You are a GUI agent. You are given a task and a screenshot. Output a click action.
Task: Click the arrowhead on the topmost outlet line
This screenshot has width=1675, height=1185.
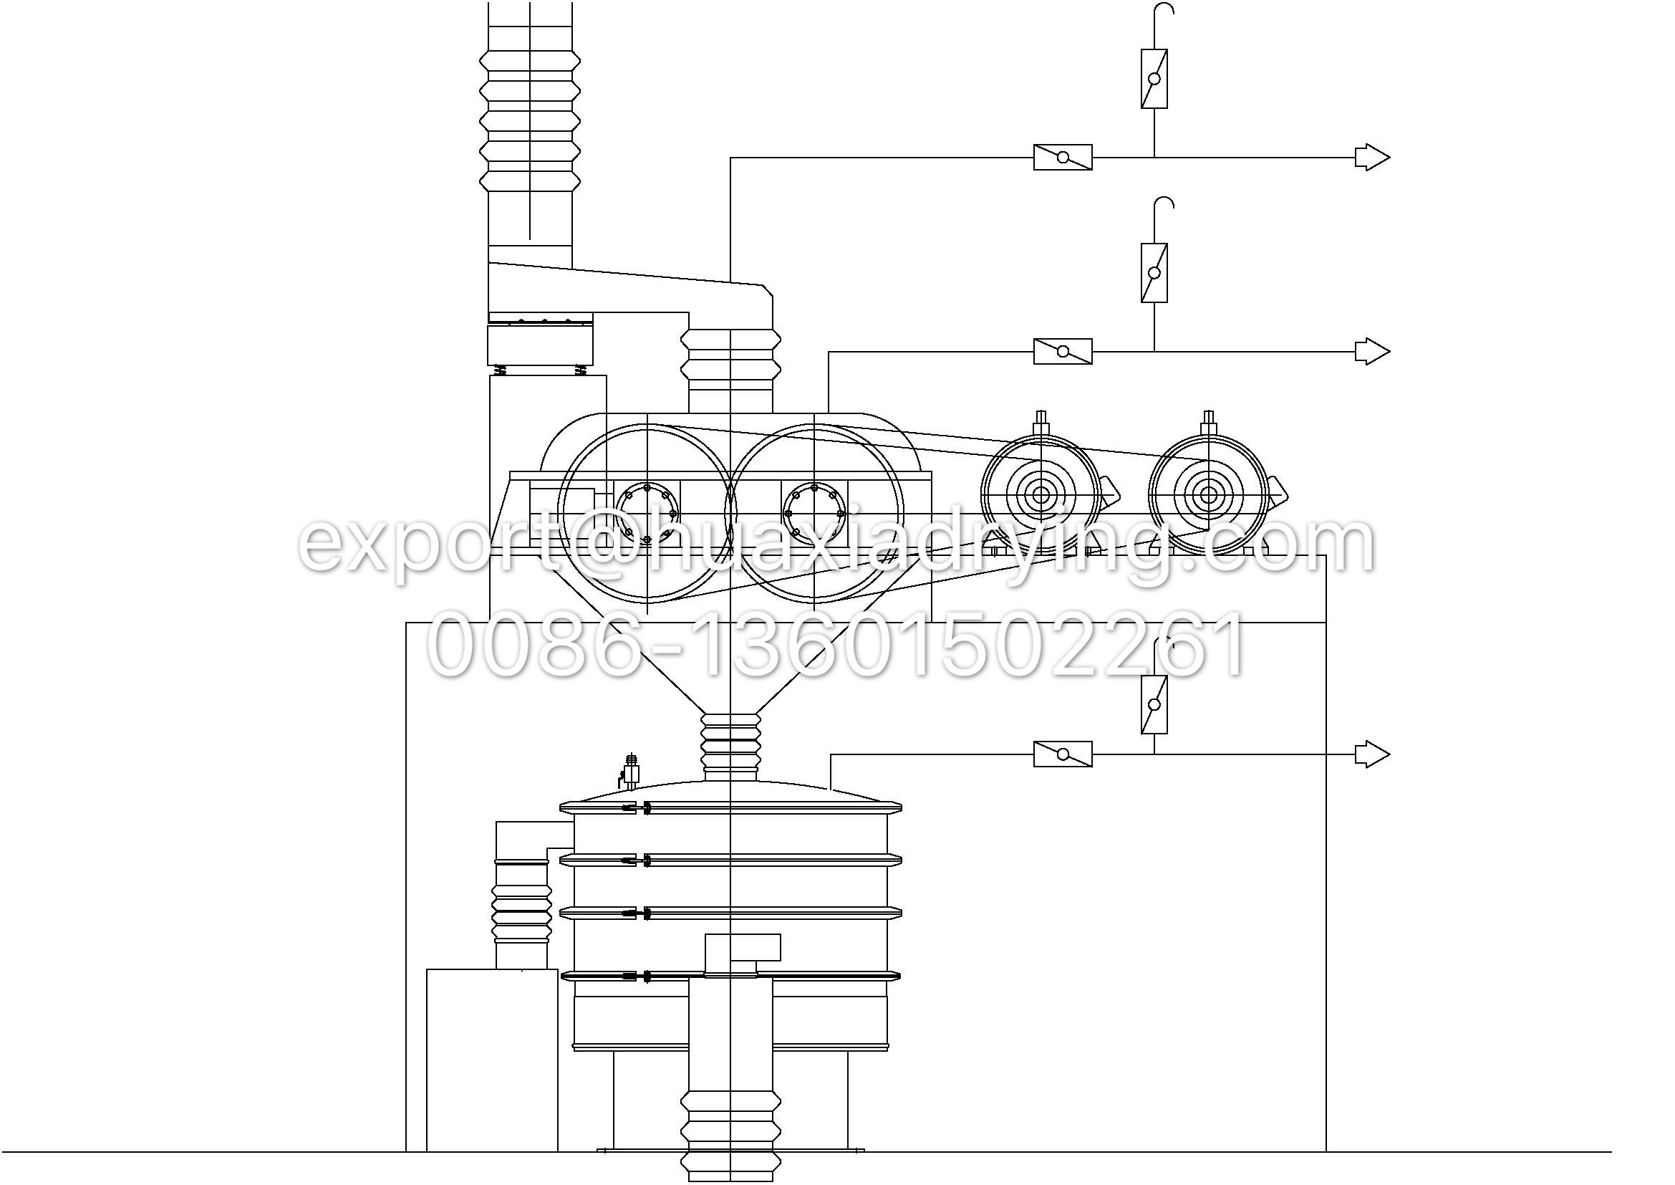(1372, 158)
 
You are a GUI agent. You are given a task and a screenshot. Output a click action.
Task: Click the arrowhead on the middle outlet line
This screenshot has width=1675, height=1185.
(1372, 352)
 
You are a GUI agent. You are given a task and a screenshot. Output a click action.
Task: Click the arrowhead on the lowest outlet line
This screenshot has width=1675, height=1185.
(1372, 754)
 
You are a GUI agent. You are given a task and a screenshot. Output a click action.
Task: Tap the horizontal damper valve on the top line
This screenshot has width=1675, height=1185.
(1063, 158)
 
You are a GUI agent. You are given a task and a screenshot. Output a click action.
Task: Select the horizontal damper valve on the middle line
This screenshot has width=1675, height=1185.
(1063, 352)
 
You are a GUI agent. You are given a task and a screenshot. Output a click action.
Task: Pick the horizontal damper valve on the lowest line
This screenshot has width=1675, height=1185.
(1063, 754)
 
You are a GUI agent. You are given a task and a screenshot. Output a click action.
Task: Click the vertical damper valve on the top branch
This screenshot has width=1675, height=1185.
(1154, 79)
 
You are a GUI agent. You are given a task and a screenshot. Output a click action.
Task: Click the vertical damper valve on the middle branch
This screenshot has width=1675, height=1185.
(1154, 273)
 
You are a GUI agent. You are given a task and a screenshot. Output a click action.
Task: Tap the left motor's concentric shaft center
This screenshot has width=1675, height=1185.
(1041, 496)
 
